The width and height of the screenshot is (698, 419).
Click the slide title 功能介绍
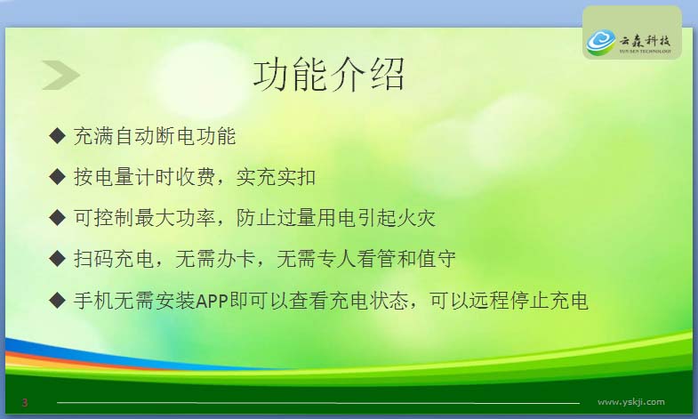tap(329, 75)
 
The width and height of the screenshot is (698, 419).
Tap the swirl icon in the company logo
tap(601, 42)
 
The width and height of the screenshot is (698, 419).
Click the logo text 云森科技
tap(645, 41)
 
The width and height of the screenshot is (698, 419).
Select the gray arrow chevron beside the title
tap(60, 75)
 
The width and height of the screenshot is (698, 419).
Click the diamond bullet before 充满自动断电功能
tap(58, 135)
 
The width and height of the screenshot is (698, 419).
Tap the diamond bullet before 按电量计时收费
tap(58, 176)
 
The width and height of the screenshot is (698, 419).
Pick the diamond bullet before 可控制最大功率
tap(58, 217)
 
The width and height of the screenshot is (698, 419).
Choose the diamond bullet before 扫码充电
tap(58, 258)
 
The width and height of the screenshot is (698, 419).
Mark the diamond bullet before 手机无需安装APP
tap(58, 300)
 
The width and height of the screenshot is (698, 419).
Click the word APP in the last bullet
tap(212, 301)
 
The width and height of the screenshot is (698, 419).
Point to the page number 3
tap(25, 402)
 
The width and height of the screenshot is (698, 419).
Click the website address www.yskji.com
tap(630, 401)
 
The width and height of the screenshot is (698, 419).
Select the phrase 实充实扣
tap(276, 177)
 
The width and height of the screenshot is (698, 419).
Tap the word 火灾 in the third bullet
tap(415, 218)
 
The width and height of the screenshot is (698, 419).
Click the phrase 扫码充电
tap(114, 259)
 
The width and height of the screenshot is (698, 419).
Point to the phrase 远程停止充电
tap(528, 301)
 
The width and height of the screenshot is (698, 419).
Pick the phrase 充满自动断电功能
tap(155, 136)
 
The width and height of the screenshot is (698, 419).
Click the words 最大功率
tap(175, 218)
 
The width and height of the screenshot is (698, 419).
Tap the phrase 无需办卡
tap(215, 259)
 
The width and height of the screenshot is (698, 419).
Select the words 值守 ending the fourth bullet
tap(437, 259)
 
